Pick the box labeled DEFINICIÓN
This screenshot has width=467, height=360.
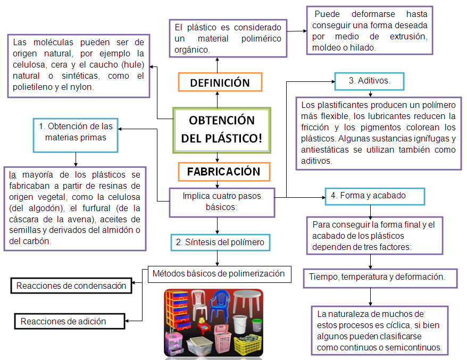click(220, 82)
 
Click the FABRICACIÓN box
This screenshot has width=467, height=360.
click(223, 171)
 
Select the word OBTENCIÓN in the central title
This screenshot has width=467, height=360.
click(222, 120)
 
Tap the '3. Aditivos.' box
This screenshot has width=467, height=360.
click(369, 81)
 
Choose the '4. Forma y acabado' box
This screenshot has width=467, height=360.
click(375, 196)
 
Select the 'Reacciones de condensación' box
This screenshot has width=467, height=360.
click(71, 286)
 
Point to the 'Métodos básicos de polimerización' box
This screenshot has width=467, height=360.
click(219, 274)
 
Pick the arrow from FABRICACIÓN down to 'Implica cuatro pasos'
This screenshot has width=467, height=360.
click(218, 185)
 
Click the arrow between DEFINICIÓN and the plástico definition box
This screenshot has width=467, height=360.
click(218, 63)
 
